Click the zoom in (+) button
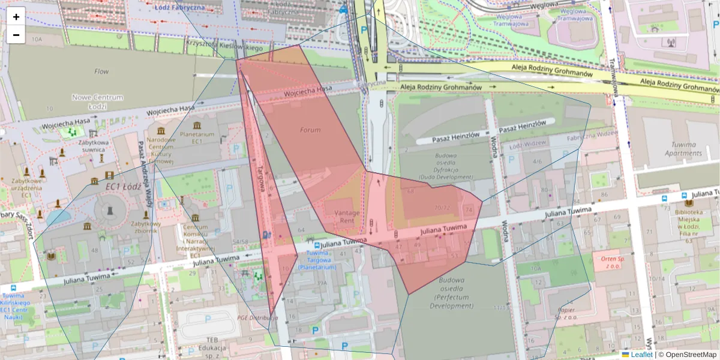pyautogui.click(x=16, y=17)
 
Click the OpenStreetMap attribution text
pyautogui.click(x=691, y=355)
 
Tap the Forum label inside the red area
pyautogui.click(x=310, y=130)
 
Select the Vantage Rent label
pyautogui.click(x=347, y=217)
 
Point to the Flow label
pyautogui.click(x=101, y=71)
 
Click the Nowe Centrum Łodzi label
pyautogui.click(x=97, y=102)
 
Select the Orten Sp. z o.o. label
pyautogui.click(x=609, y=262)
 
